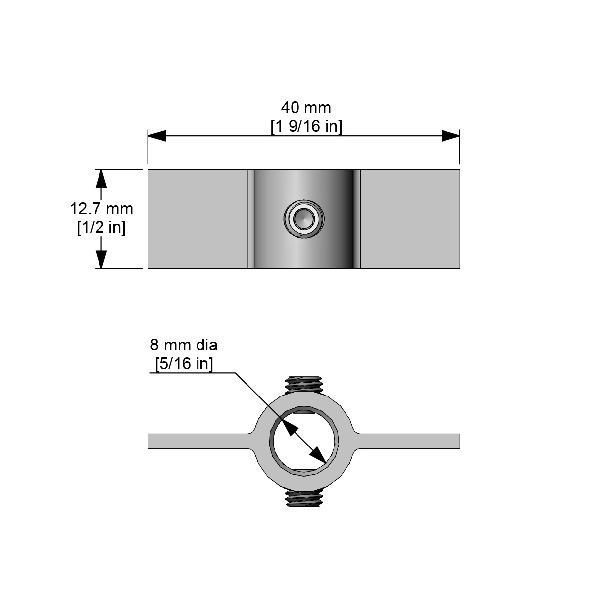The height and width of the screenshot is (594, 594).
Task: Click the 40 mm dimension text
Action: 306,107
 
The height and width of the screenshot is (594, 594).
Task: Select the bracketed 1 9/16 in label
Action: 306,126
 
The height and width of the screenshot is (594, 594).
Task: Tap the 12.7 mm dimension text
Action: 101,208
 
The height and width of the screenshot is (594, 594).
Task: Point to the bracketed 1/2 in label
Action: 101,227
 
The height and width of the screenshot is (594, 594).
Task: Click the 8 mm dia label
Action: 184,345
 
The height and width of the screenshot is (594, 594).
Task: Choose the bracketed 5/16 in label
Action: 184,364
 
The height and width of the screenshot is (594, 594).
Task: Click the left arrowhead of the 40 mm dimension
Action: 157,136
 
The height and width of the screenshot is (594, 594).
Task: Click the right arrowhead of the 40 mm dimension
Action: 450,136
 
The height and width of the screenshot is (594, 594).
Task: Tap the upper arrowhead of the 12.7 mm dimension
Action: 101,178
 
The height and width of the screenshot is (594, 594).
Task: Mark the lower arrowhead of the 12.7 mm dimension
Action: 101,259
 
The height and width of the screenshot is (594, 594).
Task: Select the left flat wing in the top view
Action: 197,219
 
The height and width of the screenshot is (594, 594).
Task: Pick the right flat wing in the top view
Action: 410,219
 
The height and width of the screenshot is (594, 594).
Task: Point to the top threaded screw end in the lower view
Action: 304,385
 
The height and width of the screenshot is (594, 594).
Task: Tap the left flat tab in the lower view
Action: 198,441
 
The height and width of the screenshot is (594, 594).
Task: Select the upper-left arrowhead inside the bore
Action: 289,426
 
